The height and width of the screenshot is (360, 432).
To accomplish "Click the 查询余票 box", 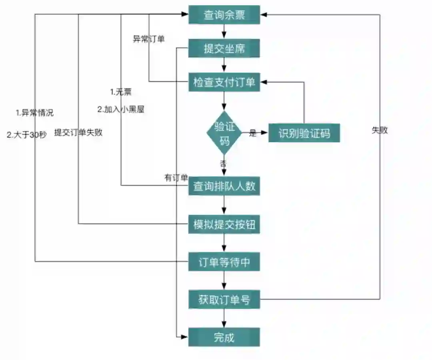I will pos(224,15).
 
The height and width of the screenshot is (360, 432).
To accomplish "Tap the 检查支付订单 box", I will pos(224,82).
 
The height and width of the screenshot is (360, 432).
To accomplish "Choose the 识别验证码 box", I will pos(304,133).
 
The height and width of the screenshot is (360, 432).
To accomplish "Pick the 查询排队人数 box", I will pos(224,186).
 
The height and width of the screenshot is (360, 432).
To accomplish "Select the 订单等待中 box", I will pos(224,262).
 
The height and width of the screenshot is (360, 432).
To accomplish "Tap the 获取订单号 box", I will pos(224,300).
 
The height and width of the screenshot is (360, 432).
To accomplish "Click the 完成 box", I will pos(224,337).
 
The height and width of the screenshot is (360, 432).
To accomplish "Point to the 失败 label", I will pos(380,131).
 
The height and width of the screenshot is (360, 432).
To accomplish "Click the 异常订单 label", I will pos(148,39).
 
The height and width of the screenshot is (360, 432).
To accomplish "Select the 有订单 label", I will pos(176,178).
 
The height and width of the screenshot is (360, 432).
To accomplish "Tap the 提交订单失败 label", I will pos(78,133).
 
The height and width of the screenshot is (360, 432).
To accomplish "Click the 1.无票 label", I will pos(121,92).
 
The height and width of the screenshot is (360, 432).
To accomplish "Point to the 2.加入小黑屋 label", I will pos(121,109).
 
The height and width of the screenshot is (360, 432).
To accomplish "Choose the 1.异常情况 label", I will pos(35,113).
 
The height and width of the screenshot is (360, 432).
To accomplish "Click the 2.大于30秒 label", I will pos(27,135).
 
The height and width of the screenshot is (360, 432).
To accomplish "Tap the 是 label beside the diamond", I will pos(253,133).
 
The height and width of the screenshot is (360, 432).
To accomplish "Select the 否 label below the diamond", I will pos(223,163).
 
